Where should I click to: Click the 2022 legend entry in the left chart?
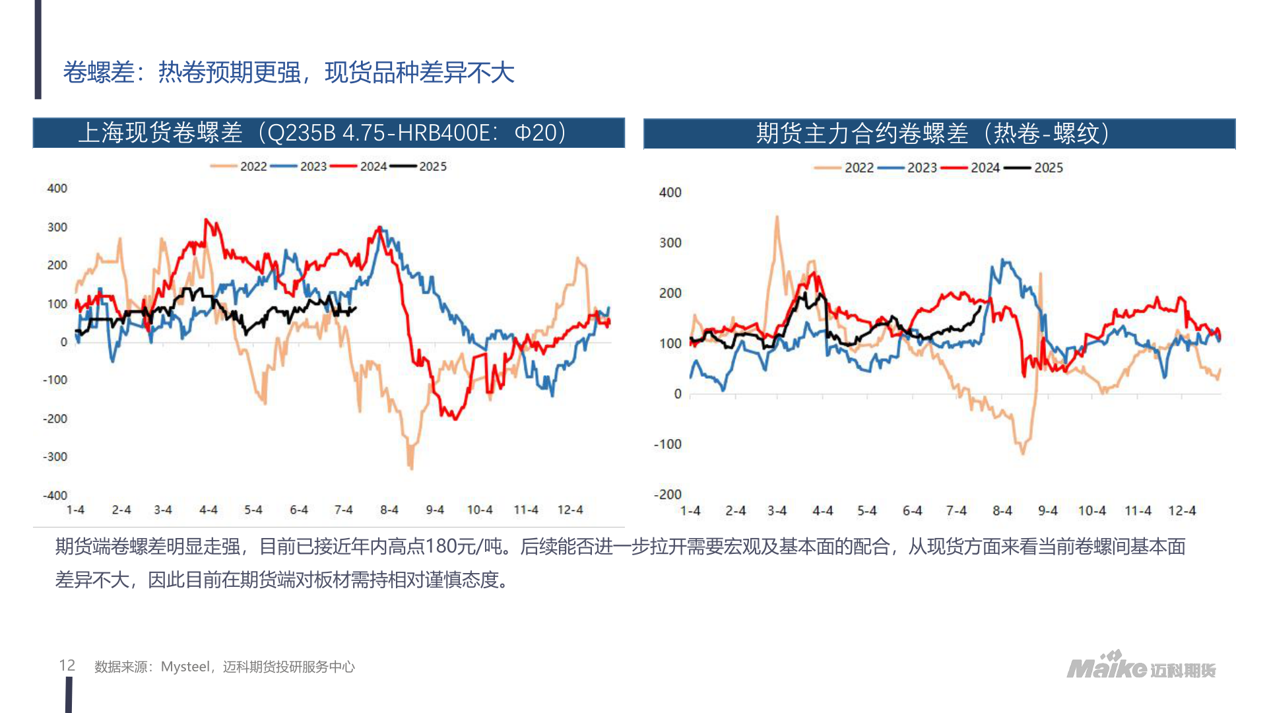pyautogui.click(x=253, y=166)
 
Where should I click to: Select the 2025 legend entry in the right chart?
pyautogui.click(x=1048, y=168)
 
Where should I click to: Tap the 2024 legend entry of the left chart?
pyautogui.click(x=373, y=166)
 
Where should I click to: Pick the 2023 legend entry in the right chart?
pyautogui.click(x=921, y=168)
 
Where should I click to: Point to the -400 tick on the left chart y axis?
pyautogui.click(x=55, y=495)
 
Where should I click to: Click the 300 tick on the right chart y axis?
pyautogui.click(x=670, y=242)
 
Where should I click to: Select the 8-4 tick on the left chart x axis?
pyautogui.click(x=389, y=510)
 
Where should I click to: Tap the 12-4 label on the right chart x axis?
pyautogui.click(x=1181, y=510)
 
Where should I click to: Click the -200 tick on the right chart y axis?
pyautogui.click(x=667, y=494)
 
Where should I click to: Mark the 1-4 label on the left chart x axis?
pyautogui.click(x=75, y=510)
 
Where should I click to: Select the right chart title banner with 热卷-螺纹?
pyautogui.click(x=938, y=133)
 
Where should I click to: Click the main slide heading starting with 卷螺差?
pyautogui.click(x=288, y=72)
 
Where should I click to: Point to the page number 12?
pyautogui.click(x=67, y=665)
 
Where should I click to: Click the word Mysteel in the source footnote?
pyautogui.click(x=185, y=667)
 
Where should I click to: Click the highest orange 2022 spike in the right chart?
pyautogui.click(x=777, y=217)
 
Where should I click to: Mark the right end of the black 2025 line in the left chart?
pyautogui.click(x=356, y=308)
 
